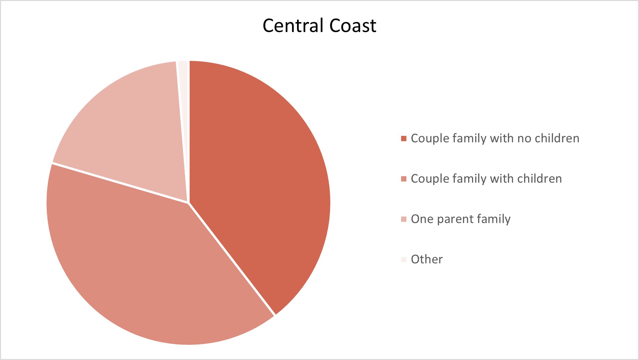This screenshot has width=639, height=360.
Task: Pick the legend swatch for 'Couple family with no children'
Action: pyautogui.click(x=404, y=139)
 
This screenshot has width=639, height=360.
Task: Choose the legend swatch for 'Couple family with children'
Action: pyautogui.click(x=404, y=179)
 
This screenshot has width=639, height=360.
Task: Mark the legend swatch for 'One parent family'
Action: pyautogui.click(x=404, y=219)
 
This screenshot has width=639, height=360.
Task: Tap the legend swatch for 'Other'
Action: pyautogui.click(x=404, y=260)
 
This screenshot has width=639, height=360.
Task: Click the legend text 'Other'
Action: pyautogui.click(x=427, y=260)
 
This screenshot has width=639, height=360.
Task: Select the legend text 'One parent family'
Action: pyautogui.click(x=461, y=219)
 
